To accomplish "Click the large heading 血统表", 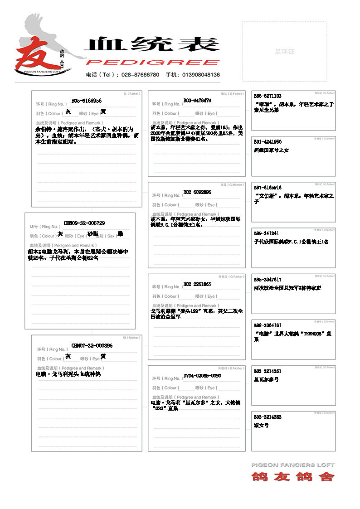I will [x=152, y=44].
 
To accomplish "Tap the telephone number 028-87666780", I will [x=142, y=75].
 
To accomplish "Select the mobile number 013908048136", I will [x=201, y=75].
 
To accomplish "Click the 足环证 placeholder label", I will [x=284, y=52].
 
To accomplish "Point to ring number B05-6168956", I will [x=87, y=101].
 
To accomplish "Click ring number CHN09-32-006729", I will [x=84, y=223].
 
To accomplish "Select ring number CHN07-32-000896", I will [x=92, y=346].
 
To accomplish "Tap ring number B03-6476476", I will [x=197, y=101].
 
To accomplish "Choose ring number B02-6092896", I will [x=197, y=192].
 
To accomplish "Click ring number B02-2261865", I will [x=197, y=284].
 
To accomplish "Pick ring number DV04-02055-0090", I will [x=202, y=376].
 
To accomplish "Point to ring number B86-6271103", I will [x=268, y=96].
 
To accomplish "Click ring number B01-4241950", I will [x=268, y=142].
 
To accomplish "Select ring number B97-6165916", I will [x=268, y=188].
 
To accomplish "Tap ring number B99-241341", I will [x=266, y=233].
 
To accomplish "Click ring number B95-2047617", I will [x=268, y=280].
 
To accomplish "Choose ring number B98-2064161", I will [x=268, y=325].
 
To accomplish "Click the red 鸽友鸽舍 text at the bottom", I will [x=293, y=477].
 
